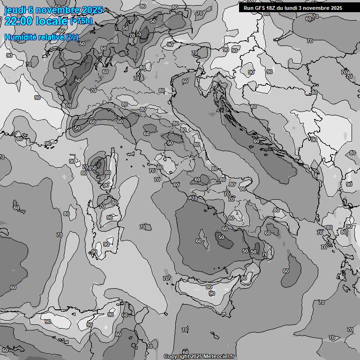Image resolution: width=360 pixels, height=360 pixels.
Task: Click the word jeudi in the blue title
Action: coord(15,10)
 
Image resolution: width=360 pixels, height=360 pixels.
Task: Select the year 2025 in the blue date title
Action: coord(92,10)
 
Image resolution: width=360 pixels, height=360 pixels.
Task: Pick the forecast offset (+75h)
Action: coord(81,21)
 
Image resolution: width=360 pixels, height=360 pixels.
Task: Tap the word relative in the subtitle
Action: coord(51,37)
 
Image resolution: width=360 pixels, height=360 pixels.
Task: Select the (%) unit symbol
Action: coord(72,37)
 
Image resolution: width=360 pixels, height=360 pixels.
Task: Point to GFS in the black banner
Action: coord(261,8)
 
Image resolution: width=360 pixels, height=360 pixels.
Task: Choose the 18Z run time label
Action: coord(273,8)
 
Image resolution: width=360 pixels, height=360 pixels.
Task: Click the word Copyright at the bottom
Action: coord(177,357)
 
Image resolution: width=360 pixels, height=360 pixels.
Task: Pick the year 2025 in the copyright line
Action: coord(196,357)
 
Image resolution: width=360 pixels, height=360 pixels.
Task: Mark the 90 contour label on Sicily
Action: coord(212,293)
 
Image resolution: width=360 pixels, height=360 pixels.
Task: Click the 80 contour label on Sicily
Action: coord(244,278)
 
